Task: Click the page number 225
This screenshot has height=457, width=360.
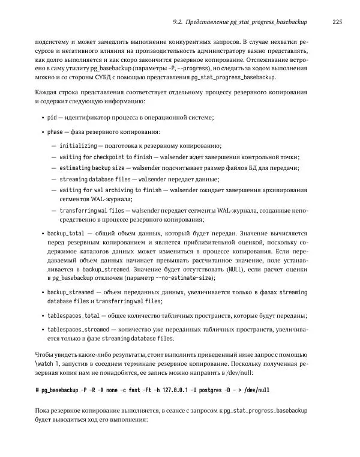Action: coord(337,22)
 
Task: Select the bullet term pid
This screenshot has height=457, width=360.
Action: coord(52,117)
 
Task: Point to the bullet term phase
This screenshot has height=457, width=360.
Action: coord(55,132)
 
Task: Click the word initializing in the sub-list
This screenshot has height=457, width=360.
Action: coord(78,146)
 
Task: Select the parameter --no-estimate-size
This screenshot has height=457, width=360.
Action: coord(184,278)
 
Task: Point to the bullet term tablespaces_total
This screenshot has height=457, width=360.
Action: coord(73,315)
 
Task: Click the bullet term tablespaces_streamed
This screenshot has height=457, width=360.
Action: coord(77,330)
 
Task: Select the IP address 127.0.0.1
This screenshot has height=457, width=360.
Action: coord(171,390)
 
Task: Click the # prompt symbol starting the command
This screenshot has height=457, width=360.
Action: coord(37,390)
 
